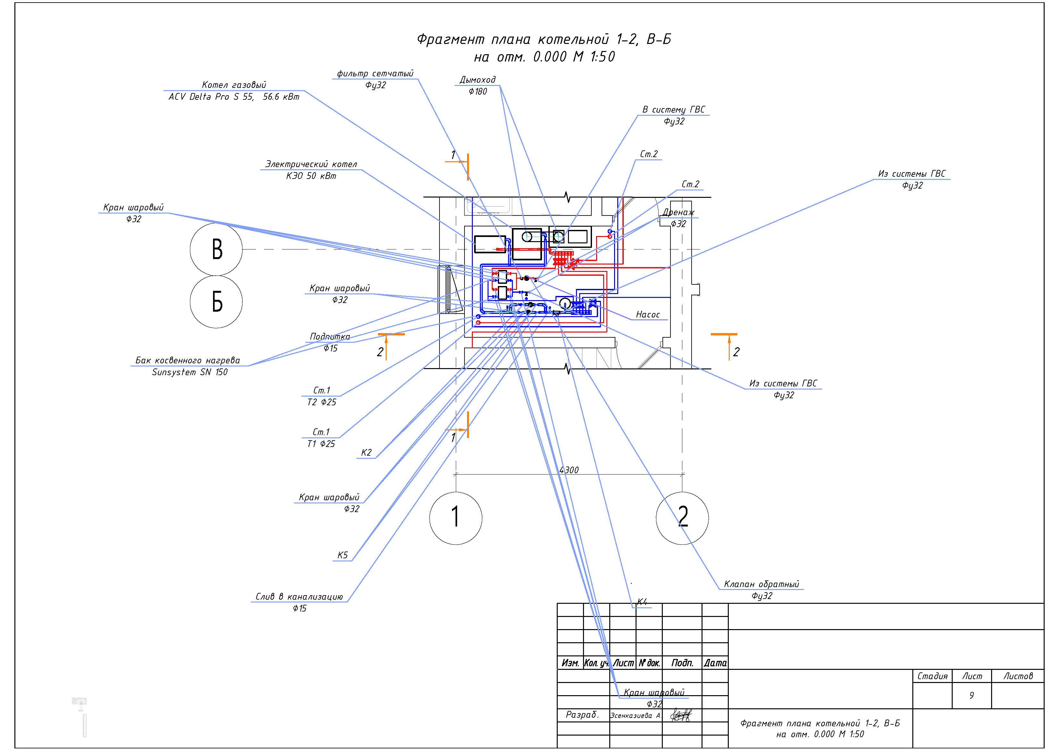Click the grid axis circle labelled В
(x=216, y=249)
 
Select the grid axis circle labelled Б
(x=216, y=302)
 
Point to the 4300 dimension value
(x=569, y=470)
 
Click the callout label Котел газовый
(x=234, y=85)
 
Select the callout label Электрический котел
(x=311, y=164)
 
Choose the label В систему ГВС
(x=674, y=110)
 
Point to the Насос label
(x=648, y=315)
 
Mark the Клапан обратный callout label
(x=761, y=584)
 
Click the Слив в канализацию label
(x=299, y=597)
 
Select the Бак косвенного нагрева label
(x=188, y=360)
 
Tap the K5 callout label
(x=342, y=555)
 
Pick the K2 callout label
(x=366, y=453)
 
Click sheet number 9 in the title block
(x=972, y=695)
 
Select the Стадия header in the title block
(x=932, y=676)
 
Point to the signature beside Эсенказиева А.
(x=681, y=715)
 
